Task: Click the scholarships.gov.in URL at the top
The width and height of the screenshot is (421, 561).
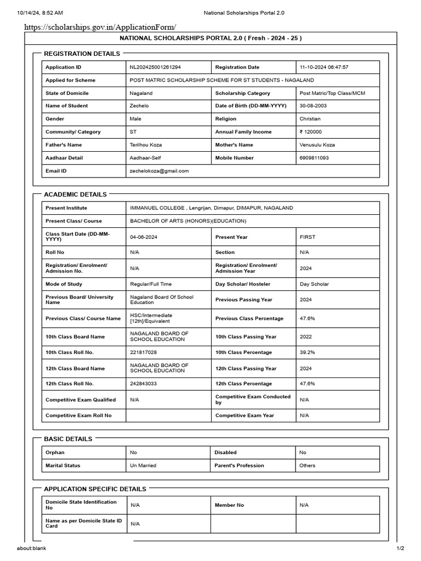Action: click(100, 27)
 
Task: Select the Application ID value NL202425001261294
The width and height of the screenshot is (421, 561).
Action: click(155, 67)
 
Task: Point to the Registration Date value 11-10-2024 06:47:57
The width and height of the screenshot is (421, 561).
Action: click(324, 67)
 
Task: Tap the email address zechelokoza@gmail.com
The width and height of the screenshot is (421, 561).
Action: click(159, 171)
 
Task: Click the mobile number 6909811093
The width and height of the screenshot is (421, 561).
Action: click(316, 158)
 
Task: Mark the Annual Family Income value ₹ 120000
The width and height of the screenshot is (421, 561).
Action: click(311, 132)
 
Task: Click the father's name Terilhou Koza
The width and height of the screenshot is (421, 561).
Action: click(146, 145)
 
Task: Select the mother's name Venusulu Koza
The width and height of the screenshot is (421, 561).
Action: click(317, 145)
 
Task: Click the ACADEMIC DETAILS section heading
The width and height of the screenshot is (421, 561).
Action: click(76, 194)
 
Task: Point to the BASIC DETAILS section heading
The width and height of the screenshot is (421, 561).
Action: click(69, 439)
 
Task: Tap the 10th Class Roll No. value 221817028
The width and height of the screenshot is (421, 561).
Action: click(143, 352)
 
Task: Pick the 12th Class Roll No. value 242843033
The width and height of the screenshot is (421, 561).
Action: click(143, 383)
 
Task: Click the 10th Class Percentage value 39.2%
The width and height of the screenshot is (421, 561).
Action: click(309, 352)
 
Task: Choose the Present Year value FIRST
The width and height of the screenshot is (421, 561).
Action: click(308, 237)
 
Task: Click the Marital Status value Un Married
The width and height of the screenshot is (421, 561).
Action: click(143, 466)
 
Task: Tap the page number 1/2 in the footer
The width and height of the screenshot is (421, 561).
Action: click(400, 548)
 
